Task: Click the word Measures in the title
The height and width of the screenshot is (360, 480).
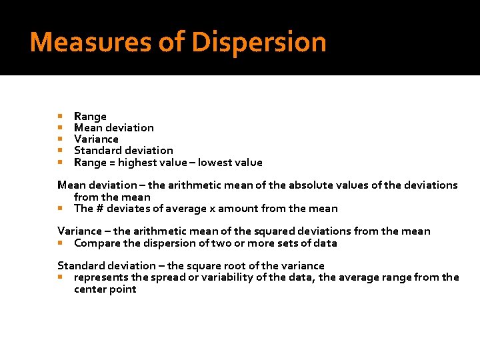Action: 91,43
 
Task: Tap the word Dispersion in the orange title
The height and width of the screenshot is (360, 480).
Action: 259,43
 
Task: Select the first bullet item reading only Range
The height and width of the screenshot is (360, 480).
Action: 90,116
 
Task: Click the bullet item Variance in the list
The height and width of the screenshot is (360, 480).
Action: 96,139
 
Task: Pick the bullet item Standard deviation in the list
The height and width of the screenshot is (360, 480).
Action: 123,151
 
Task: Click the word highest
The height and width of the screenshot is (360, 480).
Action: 136,162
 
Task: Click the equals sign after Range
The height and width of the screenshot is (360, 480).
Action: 111,162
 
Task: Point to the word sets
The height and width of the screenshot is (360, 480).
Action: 288,243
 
